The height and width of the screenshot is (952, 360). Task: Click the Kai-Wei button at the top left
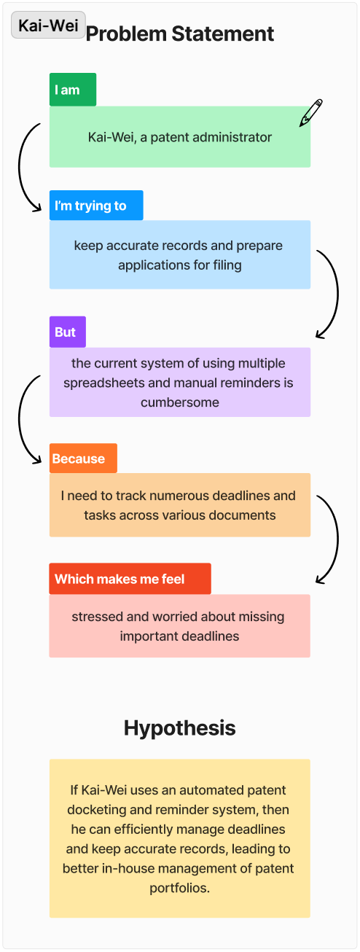pyautogui.click(x=48, y=25)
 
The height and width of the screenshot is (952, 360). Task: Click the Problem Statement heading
pyautogui.click(x=180, y=34)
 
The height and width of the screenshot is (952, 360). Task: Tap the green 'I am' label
pyautogui.click(x=73, y=90)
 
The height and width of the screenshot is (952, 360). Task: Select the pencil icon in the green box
pyautogui.click(x=310, y=113)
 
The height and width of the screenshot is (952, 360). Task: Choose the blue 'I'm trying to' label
pyautogui.click(x=96, y=206)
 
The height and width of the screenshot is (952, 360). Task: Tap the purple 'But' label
pyautogui.click(x=68, y=332)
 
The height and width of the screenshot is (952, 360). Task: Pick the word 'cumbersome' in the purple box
pyautogui.click(x=180, y=402)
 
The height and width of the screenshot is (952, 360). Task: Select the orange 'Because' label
pyautogui.click(x=83, y=459)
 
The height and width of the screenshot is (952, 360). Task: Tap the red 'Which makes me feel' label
pyautogui.click(x=130, y=579)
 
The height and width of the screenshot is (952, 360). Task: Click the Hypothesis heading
pyautogui.click(x=180, y=728)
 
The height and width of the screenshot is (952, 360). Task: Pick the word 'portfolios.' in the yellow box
pyautogui.click(x=180, y=889)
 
